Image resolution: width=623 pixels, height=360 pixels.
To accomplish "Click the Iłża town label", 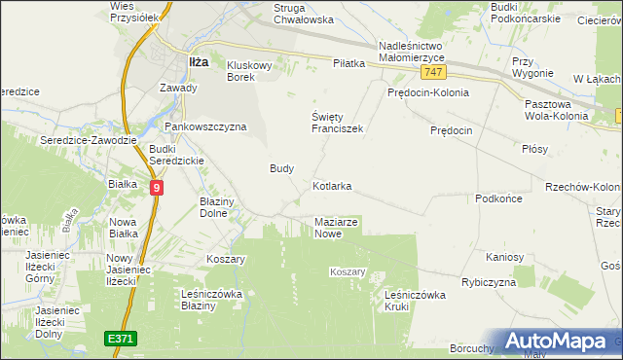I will [198, 61].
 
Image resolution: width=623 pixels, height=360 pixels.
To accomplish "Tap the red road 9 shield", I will [157, 187].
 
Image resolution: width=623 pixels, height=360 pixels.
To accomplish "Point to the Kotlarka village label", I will [332, 185].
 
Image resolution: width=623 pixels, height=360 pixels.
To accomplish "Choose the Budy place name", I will [281, 167].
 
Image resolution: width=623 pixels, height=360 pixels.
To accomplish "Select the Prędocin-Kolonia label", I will [427, 92].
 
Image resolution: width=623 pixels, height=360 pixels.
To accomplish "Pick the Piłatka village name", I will [348, 63].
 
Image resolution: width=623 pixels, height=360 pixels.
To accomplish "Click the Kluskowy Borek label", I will [254, 71].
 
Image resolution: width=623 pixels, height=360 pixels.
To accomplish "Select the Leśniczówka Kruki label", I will [415, 300].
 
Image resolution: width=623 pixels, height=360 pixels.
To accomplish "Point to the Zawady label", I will [178, 88].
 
